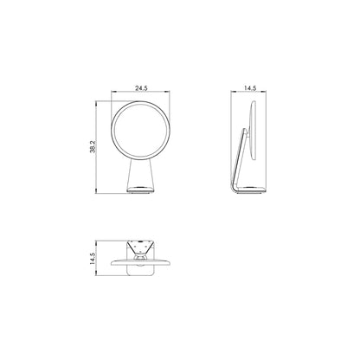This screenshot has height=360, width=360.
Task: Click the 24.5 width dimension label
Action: (141, 88)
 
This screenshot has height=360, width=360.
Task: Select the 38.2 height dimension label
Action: (93, 146)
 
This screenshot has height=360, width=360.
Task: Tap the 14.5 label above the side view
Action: (250, 88)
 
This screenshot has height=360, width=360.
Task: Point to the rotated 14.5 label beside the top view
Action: (92, 259)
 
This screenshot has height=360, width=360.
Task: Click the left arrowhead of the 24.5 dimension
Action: (113, 92)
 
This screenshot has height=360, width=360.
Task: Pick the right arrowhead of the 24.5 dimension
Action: (168, 92)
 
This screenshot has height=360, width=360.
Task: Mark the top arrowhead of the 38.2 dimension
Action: (96, 103)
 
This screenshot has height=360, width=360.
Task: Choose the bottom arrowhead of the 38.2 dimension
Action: (96, 191)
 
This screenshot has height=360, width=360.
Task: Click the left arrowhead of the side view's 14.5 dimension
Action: (233, 92)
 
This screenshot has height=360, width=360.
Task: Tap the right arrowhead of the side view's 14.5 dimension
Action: (264, 92)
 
